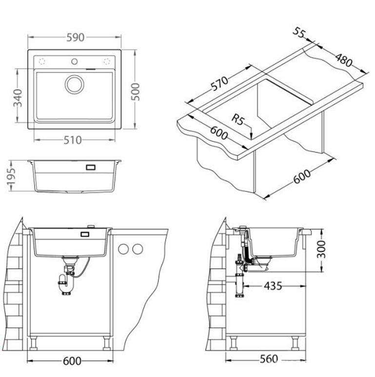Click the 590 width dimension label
pos(75,38)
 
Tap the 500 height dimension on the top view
pos(135,92)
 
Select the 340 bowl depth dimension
pos(18,98)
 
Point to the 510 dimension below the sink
pos(73,140)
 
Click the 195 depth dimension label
pos(11,176)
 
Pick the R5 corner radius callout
pos(237,119)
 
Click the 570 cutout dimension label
pos(219,83)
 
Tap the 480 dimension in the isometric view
pos(344,60)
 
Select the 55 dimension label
pos(298,33)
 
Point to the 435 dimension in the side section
pos(273,286)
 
